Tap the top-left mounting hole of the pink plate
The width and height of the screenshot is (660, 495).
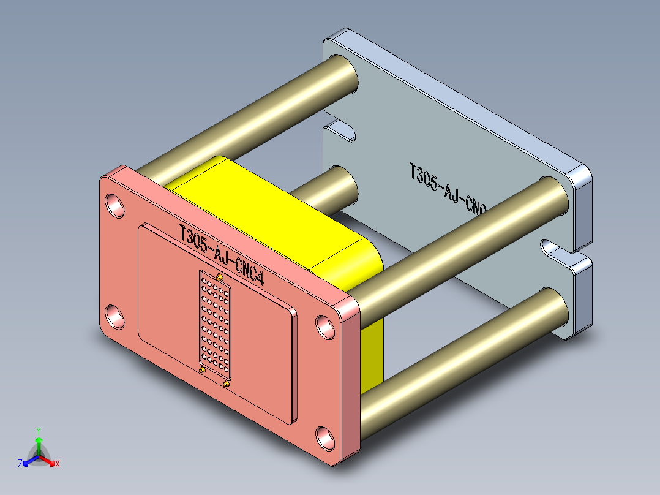(114, 205)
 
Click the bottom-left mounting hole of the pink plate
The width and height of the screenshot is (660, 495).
(114, 316)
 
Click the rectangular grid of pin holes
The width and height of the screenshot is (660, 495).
(215, 322)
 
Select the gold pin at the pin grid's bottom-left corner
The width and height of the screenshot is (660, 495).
(203, 370)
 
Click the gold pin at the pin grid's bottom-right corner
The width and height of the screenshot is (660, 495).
(227, 384)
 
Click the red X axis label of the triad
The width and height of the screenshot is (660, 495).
(58, 464)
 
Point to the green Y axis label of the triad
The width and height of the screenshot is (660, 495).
(38, 430)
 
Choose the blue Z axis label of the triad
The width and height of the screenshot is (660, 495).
(20, 464)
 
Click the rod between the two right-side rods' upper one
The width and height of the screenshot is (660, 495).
(459, 239)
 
